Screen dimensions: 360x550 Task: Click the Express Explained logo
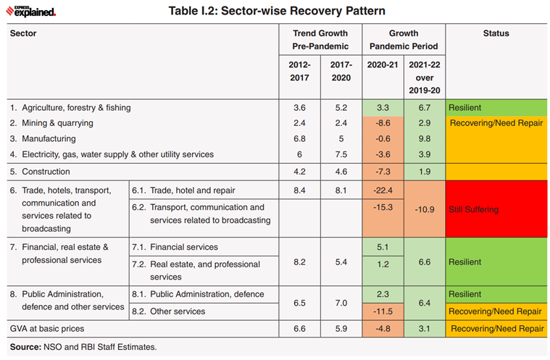coord(30,11)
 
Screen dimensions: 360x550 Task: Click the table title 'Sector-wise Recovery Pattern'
coord(277,11)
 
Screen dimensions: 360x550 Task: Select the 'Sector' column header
coord(23,33)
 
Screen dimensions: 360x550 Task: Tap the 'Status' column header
coord(496,33)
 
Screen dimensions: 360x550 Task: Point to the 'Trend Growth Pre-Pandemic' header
coord(320,40)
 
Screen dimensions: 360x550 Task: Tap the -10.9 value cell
coord(425,209)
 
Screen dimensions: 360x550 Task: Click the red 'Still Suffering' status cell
coord(496,209)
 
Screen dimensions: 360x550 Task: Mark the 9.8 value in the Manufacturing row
coord(425,138)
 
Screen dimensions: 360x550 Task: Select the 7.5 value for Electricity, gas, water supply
coord(341,154)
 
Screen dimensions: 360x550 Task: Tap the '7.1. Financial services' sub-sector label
coord(175,247)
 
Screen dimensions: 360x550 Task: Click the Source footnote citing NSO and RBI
coord(83,347)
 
